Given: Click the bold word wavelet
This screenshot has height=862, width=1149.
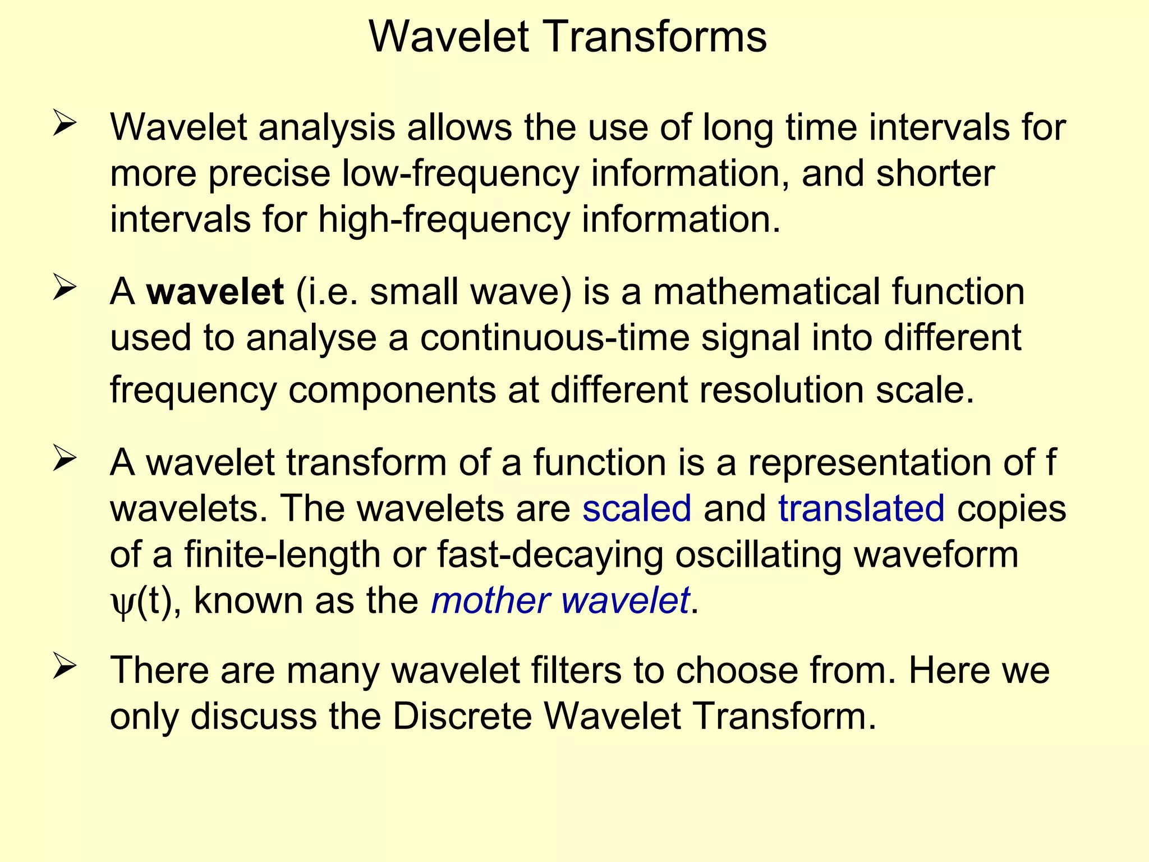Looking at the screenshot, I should coord(215,292).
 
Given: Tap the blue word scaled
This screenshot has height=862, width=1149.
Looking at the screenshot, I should coord(636,508).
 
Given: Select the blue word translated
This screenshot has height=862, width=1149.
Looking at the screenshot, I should coord(861,508).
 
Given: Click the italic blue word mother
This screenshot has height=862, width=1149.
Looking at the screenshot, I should coord(490,600).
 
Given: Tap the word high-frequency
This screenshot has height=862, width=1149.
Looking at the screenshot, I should coord(444,219).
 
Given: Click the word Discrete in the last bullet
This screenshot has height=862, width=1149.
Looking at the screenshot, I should coord(462,717).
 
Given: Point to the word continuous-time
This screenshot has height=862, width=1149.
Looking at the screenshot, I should coord(554,338).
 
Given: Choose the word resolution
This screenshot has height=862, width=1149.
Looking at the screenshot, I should coord(781,390).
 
